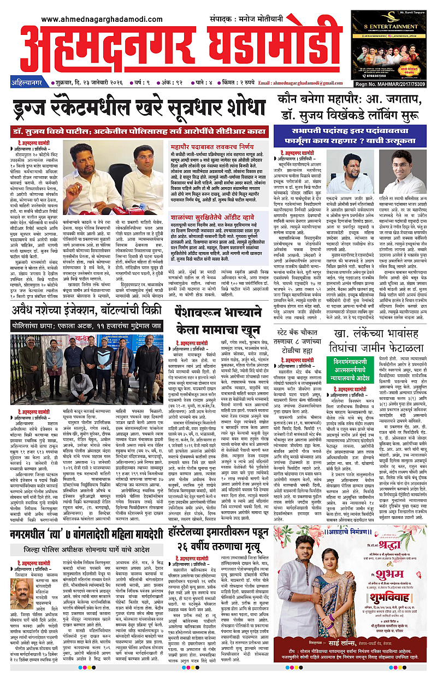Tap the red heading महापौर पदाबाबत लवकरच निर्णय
pos(212,147)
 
